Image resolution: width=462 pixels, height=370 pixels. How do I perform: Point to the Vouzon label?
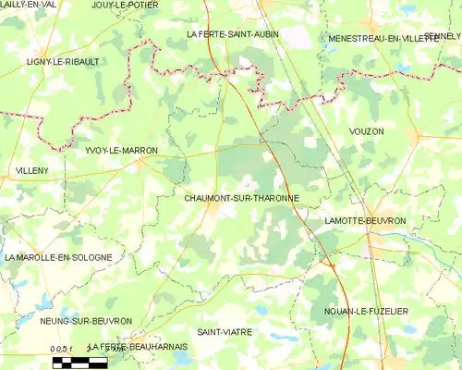366,132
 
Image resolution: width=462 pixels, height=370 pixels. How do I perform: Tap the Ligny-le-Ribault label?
63,62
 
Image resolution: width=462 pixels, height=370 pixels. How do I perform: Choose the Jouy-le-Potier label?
126,6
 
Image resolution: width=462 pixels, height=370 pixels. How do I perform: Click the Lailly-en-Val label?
27,6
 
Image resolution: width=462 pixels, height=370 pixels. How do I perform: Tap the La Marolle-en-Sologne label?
58,256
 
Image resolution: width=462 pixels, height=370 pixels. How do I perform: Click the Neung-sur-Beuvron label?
86,321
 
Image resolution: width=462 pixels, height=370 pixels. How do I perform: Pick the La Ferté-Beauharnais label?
137,345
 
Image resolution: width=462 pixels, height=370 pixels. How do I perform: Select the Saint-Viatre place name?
225,330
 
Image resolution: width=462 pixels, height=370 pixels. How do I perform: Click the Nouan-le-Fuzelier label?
366,312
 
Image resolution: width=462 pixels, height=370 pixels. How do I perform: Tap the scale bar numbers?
62,347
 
